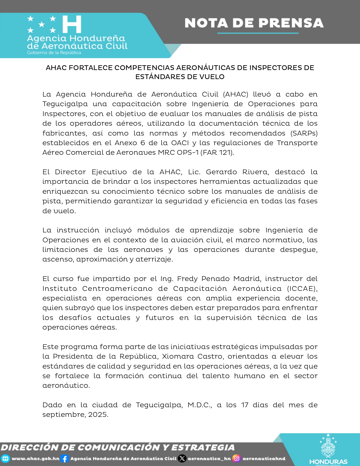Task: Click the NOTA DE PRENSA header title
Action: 254,23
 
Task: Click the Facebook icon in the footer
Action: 65,459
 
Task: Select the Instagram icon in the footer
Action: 237,458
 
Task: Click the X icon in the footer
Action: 182,459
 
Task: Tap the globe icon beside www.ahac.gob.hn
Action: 5,459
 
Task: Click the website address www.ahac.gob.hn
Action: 35,459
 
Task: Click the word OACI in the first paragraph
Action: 180,143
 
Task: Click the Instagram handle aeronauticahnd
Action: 264,459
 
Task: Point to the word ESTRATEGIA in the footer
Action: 203,448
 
